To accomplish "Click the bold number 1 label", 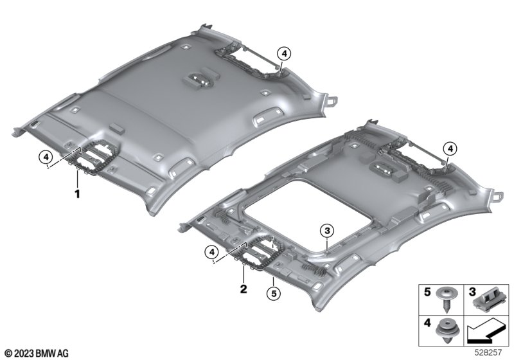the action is [77, 194].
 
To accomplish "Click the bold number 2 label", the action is [244, 289].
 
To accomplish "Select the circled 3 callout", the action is [327, 231].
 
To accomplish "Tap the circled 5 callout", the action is [274, 293].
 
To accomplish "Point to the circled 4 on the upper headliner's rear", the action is [284, 53].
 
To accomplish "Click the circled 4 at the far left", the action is [46, 157].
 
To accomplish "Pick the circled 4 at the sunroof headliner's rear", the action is [450, 149].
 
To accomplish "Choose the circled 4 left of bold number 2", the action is [212, 253].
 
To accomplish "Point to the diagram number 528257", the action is [488, 352].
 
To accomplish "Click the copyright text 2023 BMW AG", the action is [37, 354].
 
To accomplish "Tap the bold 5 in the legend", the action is [427, 292].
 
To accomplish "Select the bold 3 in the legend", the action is [472, 292].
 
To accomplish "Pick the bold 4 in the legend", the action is [427, 323].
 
